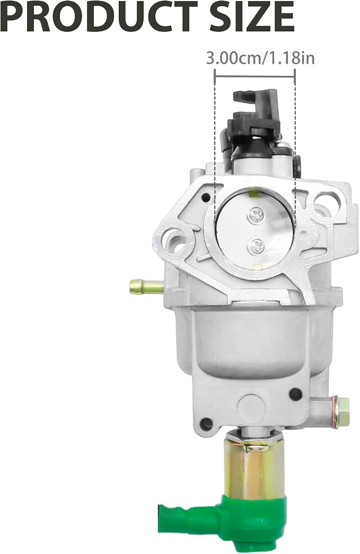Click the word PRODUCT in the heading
(100, 16)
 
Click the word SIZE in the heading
(251, 16)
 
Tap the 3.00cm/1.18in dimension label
(260, 58)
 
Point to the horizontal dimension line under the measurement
(254, 76)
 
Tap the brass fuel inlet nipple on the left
(146, 285)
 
